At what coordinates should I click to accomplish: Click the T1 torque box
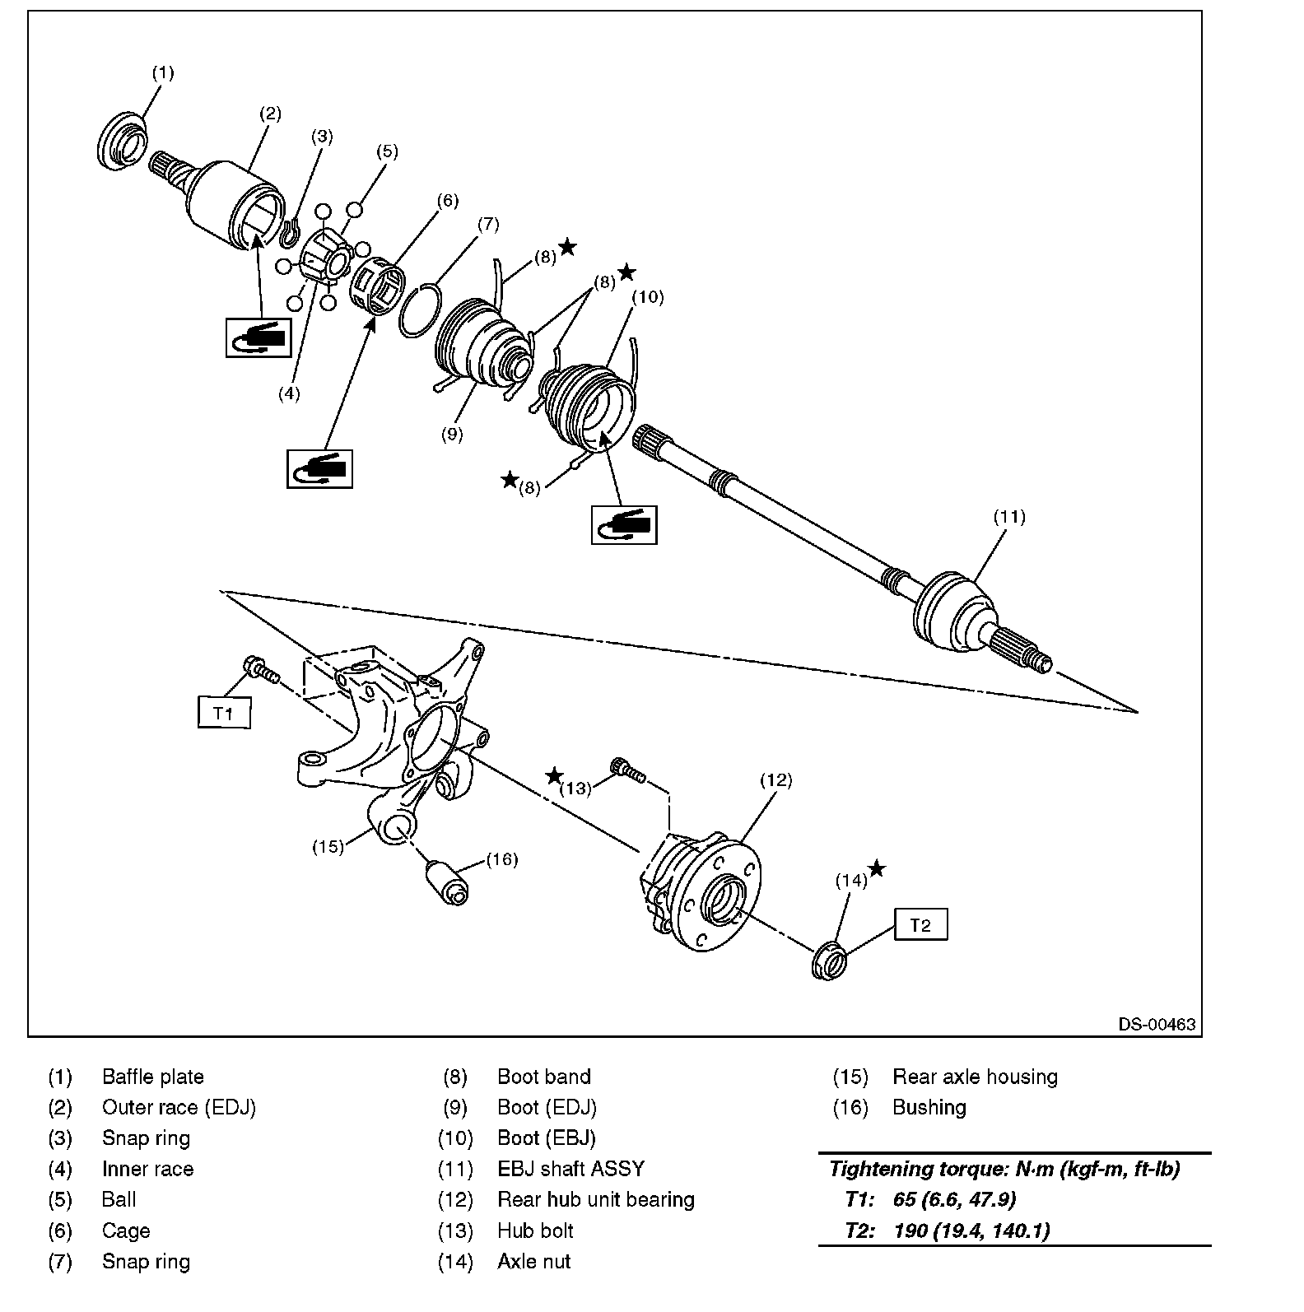point(223,713)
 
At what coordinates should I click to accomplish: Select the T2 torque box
point(920,925)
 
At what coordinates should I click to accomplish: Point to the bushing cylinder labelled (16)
point(447,882)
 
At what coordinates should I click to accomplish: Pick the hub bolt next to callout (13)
point(626,770)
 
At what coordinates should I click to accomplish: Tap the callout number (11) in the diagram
point(1008,517)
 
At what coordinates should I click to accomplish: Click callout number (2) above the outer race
point(270,114)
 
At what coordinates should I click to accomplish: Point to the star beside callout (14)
point(877,868)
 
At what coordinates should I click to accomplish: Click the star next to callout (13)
point(554,776)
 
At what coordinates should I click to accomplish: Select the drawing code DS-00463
point(1156,1025)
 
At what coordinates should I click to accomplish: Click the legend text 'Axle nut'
point(533,1261)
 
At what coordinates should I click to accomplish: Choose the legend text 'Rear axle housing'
point(975,1077)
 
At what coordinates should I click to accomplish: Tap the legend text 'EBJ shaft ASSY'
point(570,1169)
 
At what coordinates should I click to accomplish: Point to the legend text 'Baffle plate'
point(152,1077)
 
